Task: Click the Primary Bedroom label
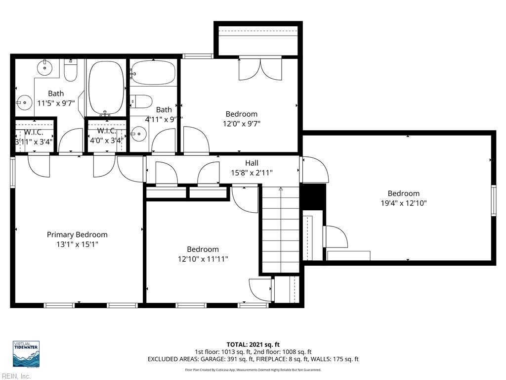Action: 77,235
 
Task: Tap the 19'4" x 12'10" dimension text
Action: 403,203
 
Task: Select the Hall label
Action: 252,163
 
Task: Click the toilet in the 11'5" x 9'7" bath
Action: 71,71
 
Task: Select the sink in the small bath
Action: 139,133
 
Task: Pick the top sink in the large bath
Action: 44,66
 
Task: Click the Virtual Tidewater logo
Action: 26,354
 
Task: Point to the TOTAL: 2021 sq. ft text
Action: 253,344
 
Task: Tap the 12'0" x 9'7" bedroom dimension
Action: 242,124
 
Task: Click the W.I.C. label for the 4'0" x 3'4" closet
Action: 107,131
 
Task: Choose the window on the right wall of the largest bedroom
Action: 493,200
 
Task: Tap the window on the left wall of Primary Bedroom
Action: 12,172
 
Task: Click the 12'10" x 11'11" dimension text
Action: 203,259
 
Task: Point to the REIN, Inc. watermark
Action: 16,377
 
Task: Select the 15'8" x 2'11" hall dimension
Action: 252,173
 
